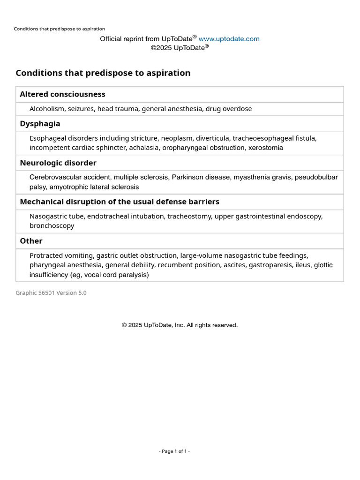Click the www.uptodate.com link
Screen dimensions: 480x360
click(229, 39)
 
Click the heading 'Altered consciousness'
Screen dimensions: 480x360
click(62, 94)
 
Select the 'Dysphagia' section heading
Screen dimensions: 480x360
click(40, 124)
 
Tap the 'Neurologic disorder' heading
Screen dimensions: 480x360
click(58, 163)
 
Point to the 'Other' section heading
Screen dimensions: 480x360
click(31, 241)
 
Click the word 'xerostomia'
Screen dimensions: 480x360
click(265, 148)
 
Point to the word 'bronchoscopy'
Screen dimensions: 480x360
click(52, 226)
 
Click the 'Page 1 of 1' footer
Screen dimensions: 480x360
click(174, 451)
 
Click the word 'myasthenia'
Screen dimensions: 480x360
click(253, 177)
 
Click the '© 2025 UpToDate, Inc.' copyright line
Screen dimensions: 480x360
click(180, 325)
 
